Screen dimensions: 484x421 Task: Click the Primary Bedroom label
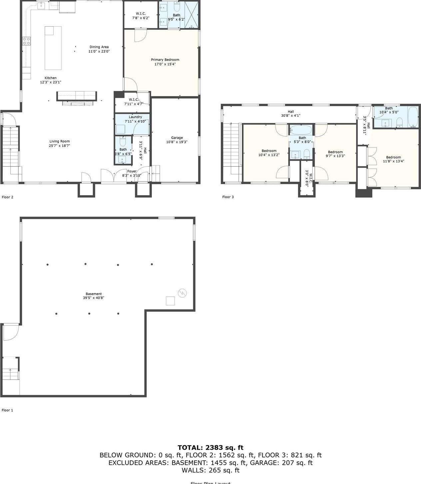click(x=165, y=60)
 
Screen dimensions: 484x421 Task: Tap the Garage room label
click(x=177, y=138)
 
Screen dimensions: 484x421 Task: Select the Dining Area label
click(x=99, y=47)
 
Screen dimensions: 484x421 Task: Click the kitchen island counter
click(x=53, y=48)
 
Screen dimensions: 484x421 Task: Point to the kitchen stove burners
click(x=26, y=41)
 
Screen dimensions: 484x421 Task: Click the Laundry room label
click(x=135, y=117)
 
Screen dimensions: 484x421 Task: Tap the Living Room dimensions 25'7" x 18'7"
click(x=60, y=146)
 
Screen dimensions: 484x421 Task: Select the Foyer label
click(x=132, y=171)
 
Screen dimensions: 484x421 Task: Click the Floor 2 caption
click(x=8, y=197)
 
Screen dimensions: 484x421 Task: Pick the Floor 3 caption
click(x=228, y=197)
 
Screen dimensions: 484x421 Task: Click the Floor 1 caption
click(x=7, y=410)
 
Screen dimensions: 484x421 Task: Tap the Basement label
click(x=94, y=294)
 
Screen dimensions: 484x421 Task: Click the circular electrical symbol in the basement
click(x=183, y=293)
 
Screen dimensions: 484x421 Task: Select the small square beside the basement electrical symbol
click(x=170, y=301)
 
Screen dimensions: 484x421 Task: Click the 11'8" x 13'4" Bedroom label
click(x=393, y=157)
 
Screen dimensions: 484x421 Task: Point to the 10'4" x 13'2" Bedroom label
click(x=269, y=151)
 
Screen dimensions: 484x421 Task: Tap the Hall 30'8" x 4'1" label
click(x=291, y=112)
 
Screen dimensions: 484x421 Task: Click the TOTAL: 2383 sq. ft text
click(x=210, y=447)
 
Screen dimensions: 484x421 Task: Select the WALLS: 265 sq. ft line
click(x=210, y=470)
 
